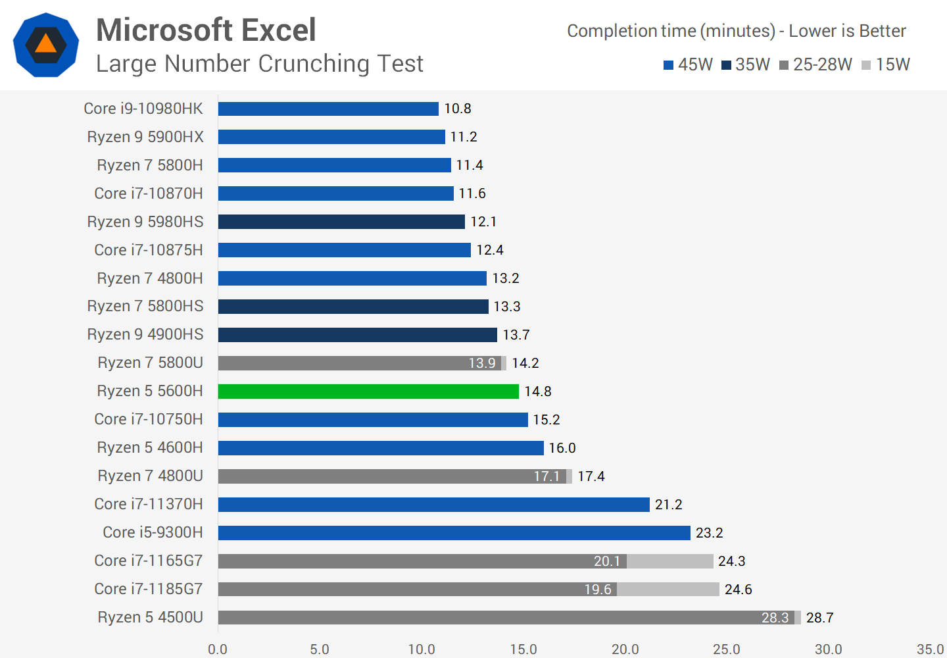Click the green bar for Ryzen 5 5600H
coord(368,392)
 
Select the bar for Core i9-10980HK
coord(328,109)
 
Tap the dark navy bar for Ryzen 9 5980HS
coord(341,222)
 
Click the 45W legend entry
coord(688,64)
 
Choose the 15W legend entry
coord(886,64)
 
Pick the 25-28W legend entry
coord(815,64)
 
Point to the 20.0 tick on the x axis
coord(625,649)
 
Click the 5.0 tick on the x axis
coord(320,649)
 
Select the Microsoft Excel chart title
coord(206,30)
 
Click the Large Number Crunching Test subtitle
coord(259,64)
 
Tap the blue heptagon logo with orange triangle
coord(46,45)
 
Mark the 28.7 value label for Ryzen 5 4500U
coord(819,618)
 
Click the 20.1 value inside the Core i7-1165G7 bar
coord(606,561)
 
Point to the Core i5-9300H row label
coord(153,532)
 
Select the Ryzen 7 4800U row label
coord(150,476)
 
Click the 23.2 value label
coord(709,533)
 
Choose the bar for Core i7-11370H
coord(433,505)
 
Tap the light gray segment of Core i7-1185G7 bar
coord(668,590)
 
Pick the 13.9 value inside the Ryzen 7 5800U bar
coord(481,363)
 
